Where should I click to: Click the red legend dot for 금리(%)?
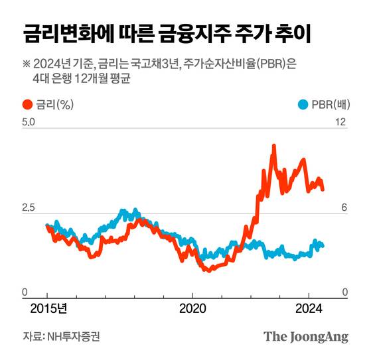tap(27, 104)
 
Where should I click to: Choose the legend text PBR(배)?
tap(329, 104)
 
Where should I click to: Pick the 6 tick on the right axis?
tap(344, 208)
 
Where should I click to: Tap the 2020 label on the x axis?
tap(192, 308)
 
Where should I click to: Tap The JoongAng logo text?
tap(306, 336)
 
